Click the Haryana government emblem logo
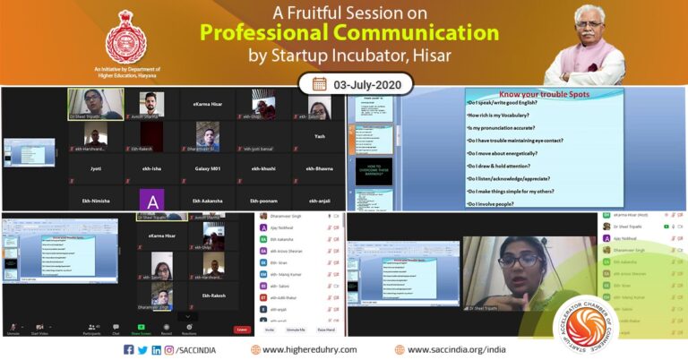(x=125, y=37)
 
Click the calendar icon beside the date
(x=319, y=85)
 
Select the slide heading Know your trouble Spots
(x=529, y=93)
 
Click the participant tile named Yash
(x=320, y=137)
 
